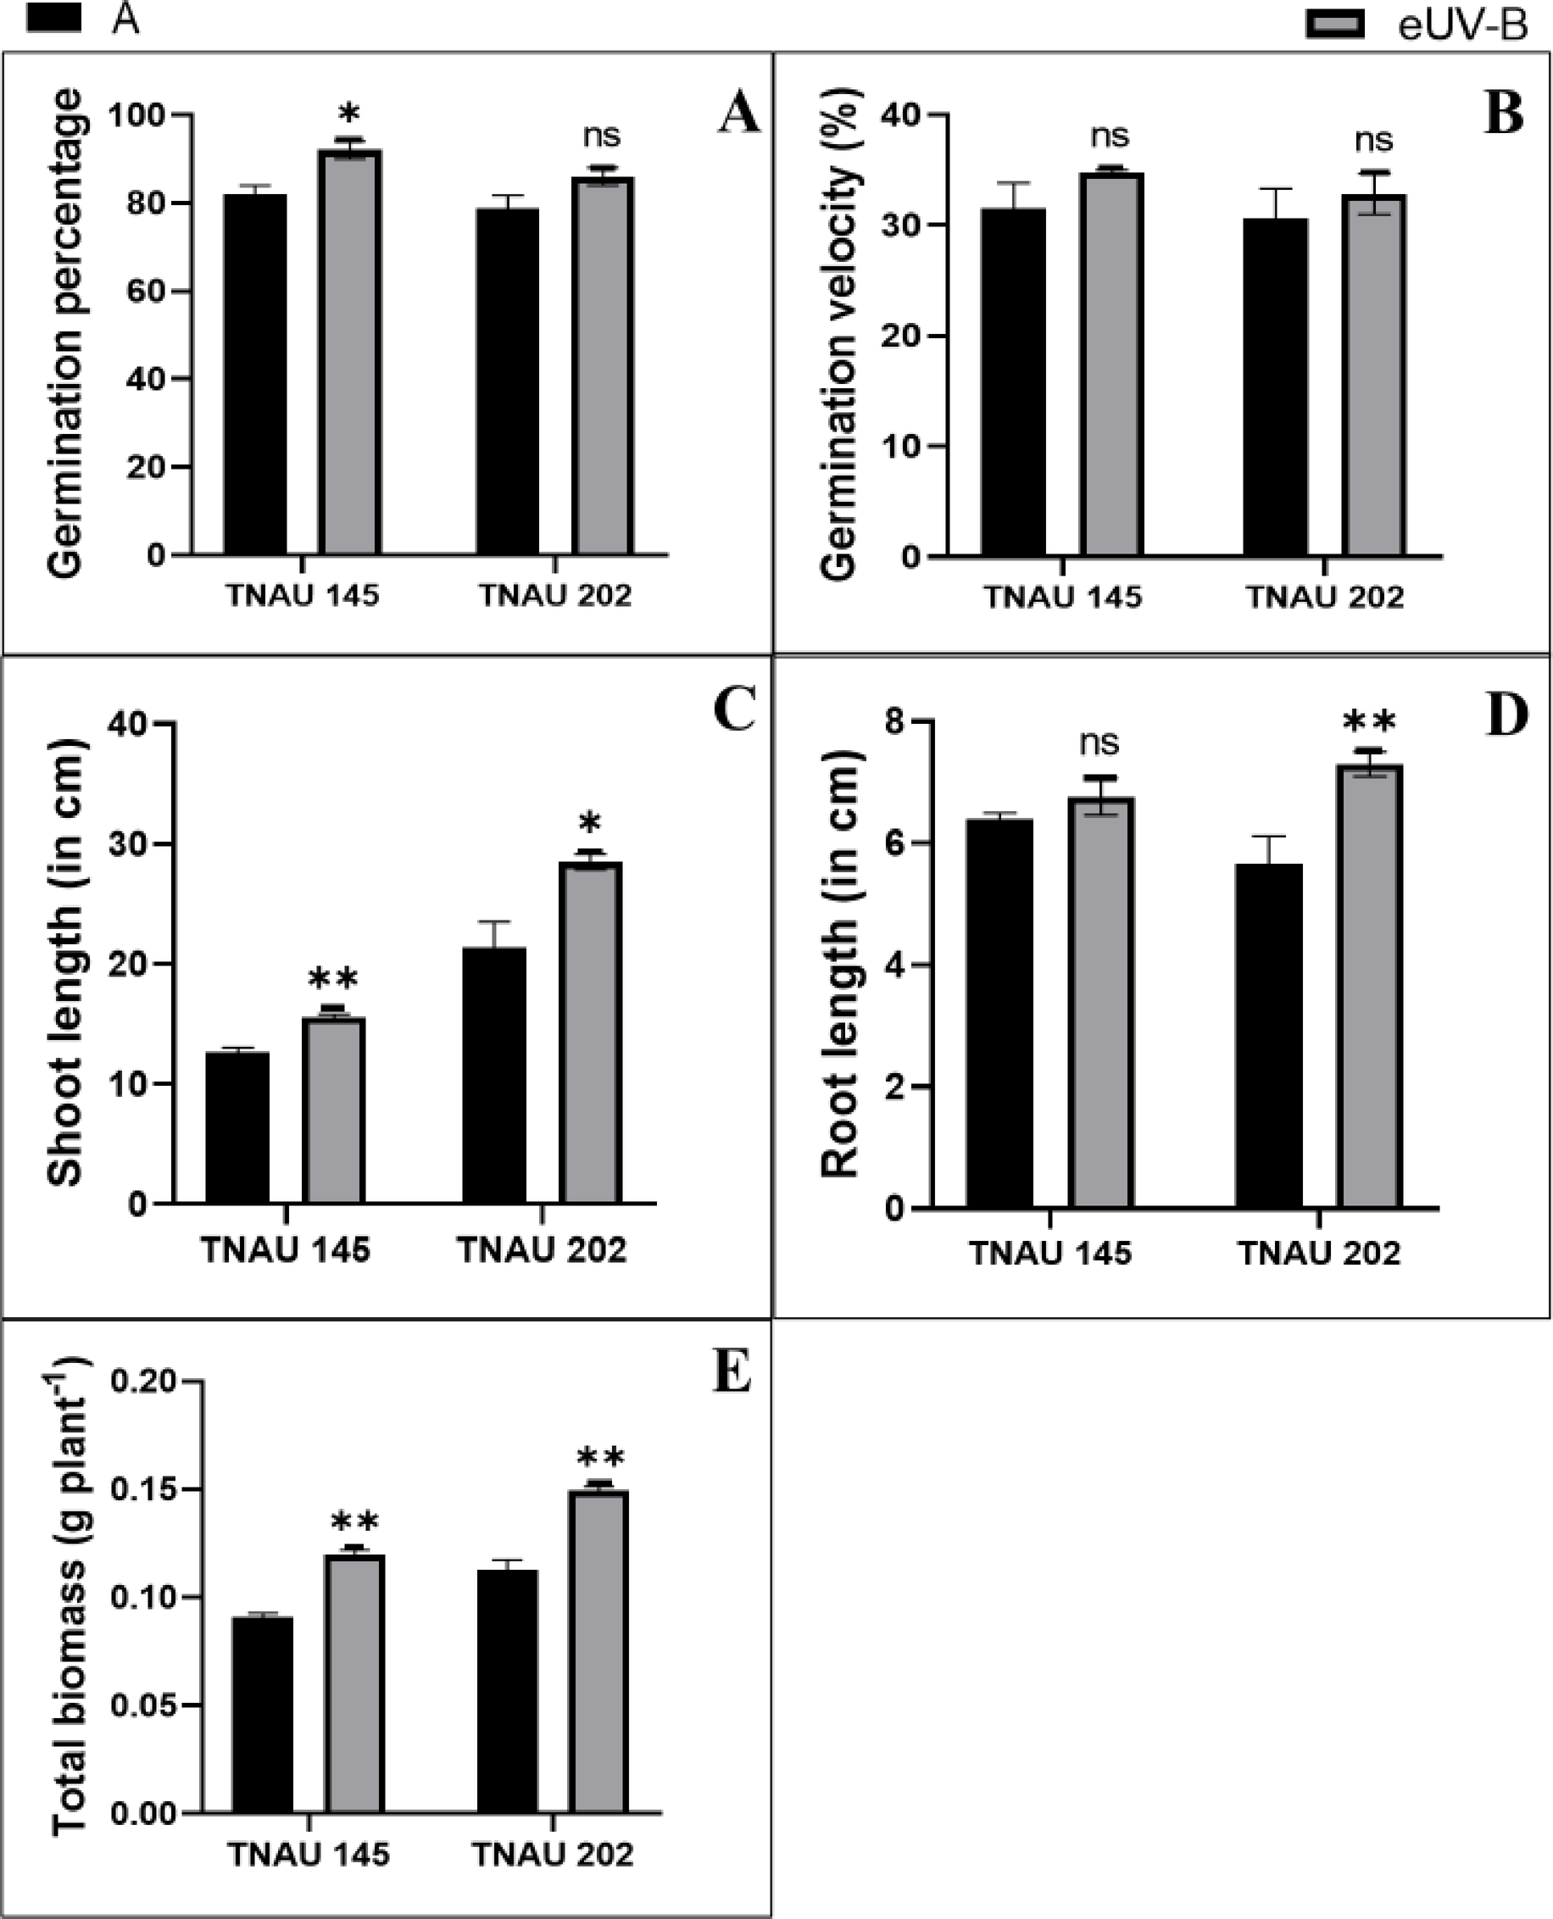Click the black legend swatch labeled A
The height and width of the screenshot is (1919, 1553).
click(x=53, y=17)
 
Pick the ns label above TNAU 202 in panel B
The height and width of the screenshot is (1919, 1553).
click(x=1373, y=140)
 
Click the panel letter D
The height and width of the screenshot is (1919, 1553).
click(x=1506, y=715)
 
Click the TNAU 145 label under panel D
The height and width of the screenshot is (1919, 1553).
click(x=1050, y=1254)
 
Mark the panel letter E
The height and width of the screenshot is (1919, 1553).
click(x=732, y=1373)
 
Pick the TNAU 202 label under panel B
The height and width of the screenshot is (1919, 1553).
click(x=1325, y=597)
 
